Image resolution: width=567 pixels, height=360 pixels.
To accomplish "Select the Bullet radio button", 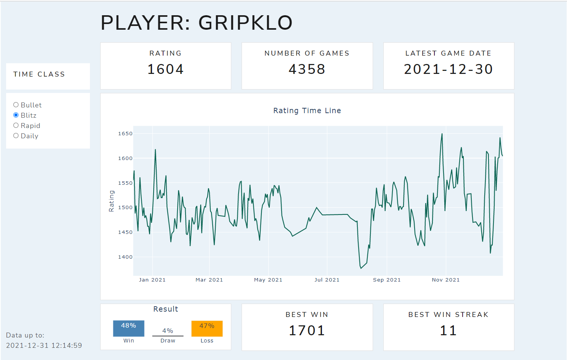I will coord(16,105).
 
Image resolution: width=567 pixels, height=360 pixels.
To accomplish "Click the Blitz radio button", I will coord(16,115).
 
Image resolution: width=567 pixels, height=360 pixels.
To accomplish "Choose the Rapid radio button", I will coord(16,125).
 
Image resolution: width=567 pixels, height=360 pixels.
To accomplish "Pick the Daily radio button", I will coord(16,136).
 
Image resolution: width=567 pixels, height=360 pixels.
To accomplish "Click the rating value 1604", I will coord(165,69).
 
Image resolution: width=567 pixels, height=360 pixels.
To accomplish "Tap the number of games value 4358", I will coord(307,69).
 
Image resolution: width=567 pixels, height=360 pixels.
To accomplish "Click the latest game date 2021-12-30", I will coord(448,69).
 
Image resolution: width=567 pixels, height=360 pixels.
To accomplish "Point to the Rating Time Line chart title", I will coord(307,110).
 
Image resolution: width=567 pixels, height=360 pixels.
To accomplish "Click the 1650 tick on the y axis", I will coord(125,134).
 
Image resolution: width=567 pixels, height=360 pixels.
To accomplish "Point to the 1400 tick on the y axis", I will coord(125,257).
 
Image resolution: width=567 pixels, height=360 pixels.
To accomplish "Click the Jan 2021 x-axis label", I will coord(152,280).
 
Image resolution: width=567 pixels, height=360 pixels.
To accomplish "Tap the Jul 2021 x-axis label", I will coord(327,280).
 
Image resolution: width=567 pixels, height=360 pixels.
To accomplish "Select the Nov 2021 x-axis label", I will coord(445,280).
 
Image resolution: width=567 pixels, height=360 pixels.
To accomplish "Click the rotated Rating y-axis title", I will coord(111,201).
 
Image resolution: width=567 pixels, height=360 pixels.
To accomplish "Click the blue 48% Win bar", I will coord(128,328).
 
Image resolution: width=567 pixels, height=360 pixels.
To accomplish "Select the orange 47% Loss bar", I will coord(207,328).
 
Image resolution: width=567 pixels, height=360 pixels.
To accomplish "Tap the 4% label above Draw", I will coord(168,331).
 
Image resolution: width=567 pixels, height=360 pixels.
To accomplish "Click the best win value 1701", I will coord(307,331).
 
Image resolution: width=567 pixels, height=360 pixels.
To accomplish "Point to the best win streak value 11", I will coord(448,331).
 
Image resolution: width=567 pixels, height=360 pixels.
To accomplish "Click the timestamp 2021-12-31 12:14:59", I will coord(44,346).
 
